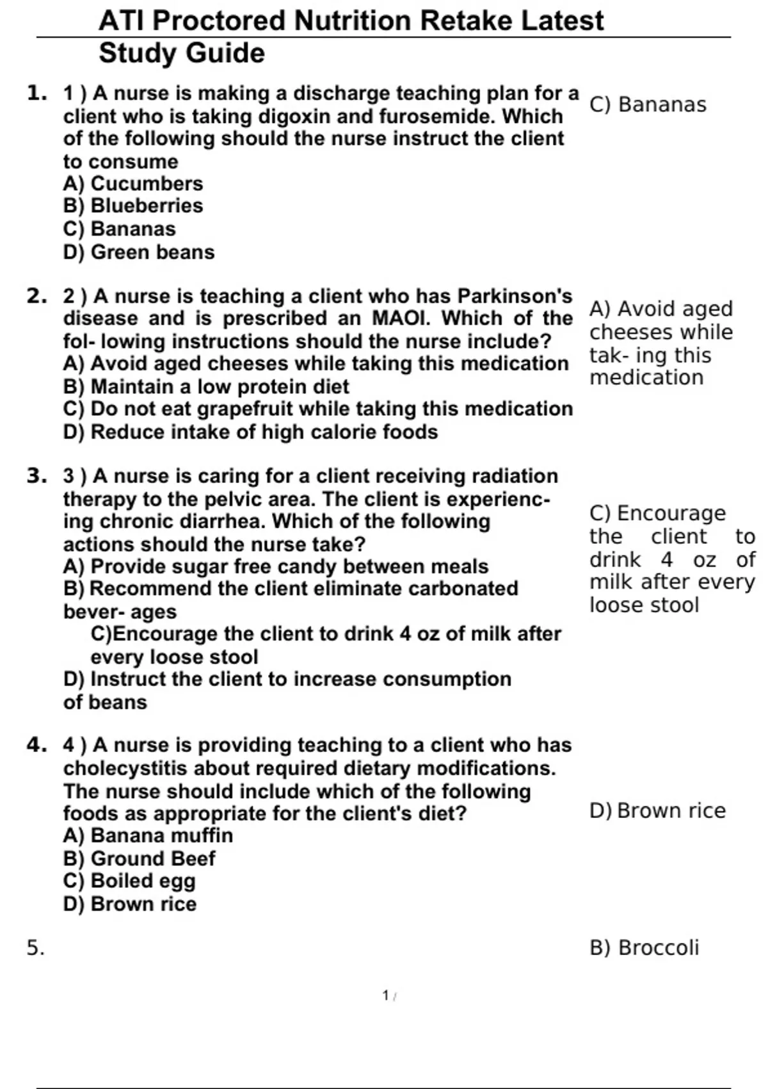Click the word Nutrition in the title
tap(353, 21)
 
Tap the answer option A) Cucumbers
tap(133, 184)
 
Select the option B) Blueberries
tap(133, 206)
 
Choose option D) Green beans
tap(139, 252)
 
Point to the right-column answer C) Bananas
tap(648, 104)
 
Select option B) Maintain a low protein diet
tap(206, 387)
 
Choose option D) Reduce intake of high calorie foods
tap(250, 432)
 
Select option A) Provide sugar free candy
tap(275, 567)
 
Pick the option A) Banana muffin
tap(148, 836)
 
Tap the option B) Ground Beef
tap(140, 859)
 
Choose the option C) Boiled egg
tap(129, 881)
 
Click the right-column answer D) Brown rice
tap(657, 811)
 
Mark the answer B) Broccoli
tap(644, 948)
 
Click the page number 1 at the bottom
tap(386, 995)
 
